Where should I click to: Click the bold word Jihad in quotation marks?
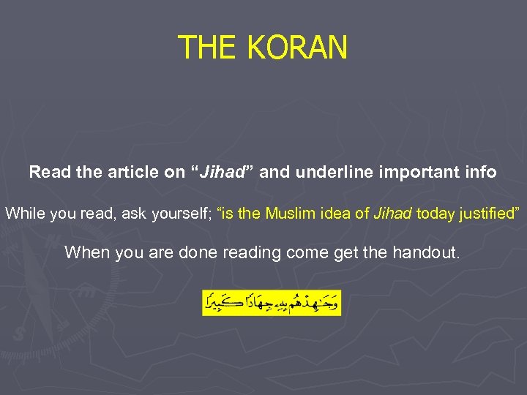pos(222,173)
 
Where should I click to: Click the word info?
pos(480,173)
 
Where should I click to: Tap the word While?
pos(23,214)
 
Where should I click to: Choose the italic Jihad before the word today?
pos(393,214)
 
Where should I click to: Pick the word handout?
pos(431,253)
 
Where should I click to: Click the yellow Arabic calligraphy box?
pos(272,301)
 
